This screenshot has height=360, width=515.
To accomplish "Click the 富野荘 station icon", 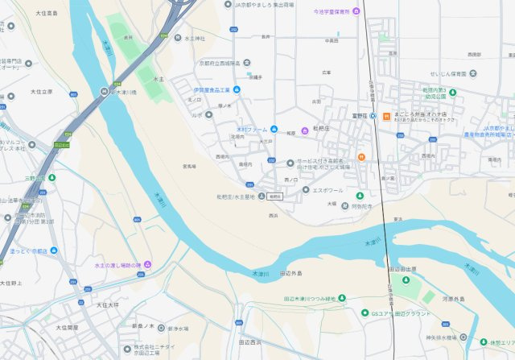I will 373,115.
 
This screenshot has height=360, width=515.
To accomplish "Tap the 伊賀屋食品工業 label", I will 212,89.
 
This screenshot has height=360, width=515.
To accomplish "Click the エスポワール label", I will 328,190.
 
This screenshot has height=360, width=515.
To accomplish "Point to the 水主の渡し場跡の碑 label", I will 117,266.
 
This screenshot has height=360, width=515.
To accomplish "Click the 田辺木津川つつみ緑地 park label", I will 310,298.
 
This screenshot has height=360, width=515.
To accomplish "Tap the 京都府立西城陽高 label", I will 220,63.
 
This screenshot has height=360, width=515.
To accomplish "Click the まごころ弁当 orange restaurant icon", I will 385,115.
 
